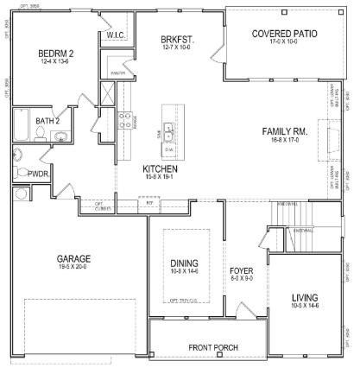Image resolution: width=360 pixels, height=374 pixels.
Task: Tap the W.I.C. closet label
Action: pos(117,35)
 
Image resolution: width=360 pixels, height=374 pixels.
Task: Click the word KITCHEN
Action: pos(161,168)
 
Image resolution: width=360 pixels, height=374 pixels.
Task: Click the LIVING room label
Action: pos(306,295)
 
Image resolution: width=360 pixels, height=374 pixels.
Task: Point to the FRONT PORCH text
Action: pos(213,347)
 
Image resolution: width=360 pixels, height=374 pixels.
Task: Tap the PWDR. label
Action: pos(37,173)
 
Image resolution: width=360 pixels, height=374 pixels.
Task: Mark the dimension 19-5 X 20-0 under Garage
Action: pos(74,268)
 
